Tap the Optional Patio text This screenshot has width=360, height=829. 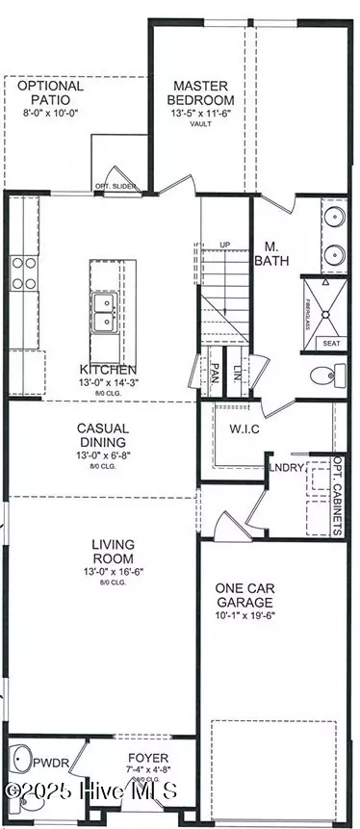click(50, 92)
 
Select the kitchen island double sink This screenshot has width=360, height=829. click(105, 313)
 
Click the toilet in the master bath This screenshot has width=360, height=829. click(323, 374)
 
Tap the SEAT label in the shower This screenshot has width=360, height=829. click(330, 343)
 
